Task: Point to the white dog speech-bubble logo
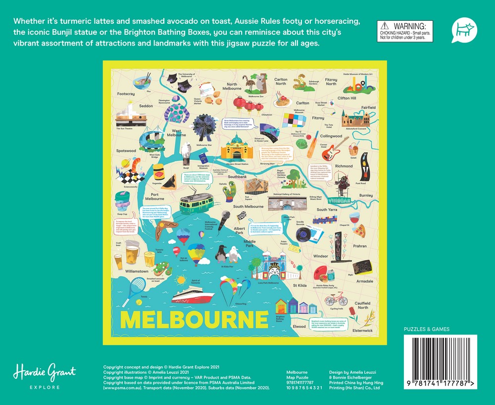[464, 30]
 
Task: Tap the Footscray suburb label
[126, 94]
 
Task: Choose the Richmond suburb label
[344, 166]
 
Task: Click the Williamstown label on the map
[137, 271]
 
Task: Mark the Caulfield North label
[362, 305]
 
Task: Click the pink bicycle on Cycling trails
[336, 299]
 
